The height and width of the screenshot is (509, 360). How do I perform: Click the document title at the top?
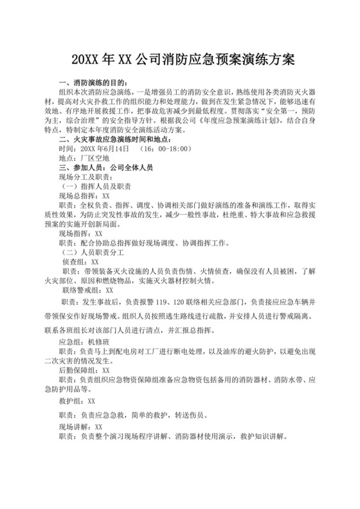point(179,60)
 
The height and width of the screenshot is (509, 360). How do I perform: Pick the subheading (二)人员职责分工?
point(93,253)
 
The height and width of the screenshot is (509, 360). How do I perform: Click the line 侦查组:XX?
point(81,262)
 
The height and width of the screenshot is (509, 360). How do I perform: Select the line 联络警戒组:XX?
point(88,290)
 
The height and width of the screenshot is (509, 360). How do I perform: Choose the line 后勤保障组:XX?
point(84,371)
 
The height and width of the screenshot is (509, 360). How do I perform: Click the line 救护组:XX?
point(76,400)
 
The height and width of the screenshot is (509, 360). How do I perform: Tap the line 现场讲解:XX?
point(80,426)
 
